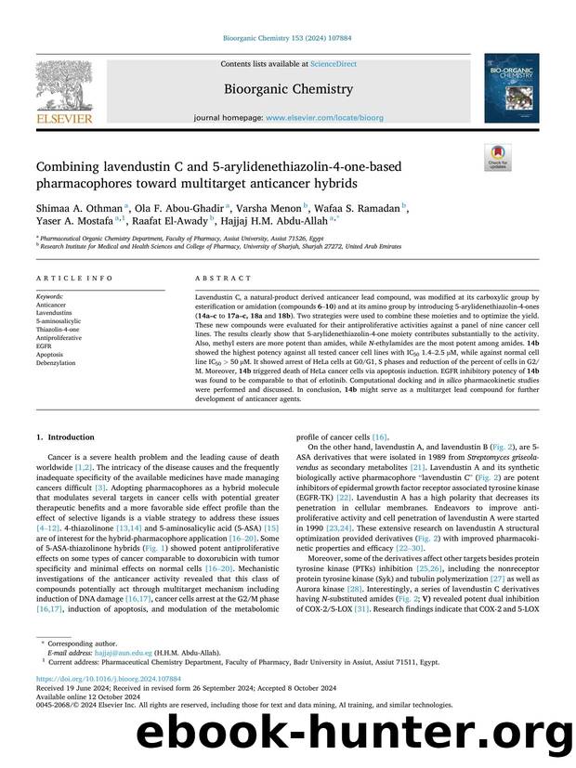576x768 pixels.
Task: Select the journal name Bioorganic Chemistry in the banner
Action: (287, 89)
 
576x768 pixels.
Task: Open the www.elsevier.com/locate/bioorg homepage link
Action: (314, 119)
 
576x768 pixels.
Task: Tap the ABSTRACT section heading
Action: (223, 278)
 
